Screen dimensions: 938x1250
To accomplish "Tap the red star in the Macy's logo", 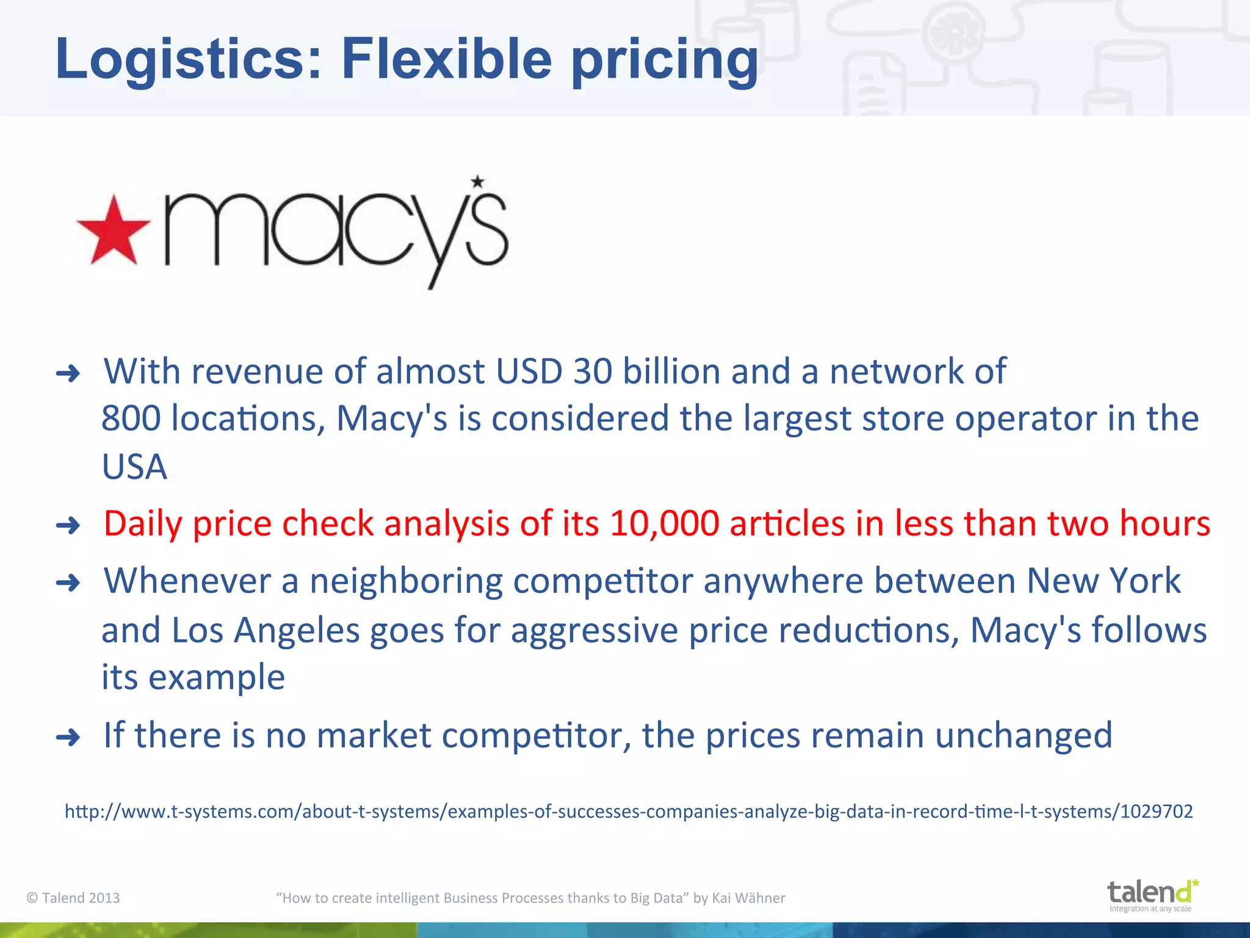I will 114,231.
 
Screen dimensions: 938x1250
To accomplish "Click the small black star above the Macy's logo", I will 477,181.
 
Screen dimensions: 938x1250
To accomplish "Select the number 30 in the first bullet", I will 592,371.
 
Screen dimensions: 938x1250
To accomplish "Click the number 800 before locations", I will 131,419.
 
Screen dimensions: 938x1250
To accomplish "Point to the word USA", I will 134,467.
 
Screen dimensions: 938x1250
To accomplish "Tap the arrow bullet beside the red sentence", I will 68,525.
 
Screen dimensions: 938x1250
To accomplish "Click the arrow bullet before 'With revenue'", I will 68,373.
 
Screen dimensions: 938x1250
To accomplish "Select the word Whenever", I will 187,581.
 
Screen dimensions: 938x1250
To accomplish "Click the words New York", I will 1103,581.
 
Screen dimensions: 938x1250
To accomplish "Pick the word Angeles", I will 297,630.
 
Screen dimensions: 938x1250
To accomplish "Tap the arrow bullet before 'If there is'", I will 68,737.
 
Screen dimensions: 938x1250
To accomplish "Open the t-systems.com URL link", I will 629,812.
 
